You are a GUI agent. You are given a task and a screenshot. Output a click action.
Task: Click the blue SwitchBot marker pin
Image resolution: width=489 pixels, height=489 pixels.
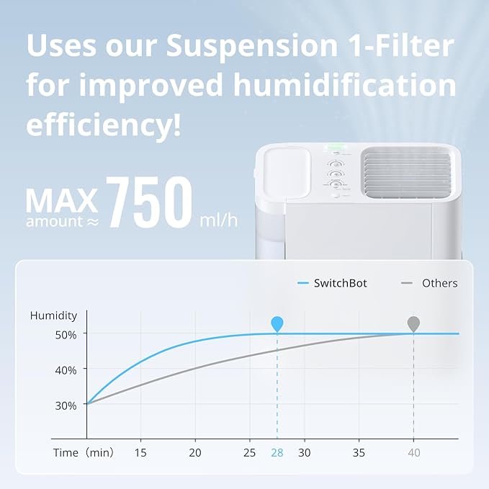(277, 323)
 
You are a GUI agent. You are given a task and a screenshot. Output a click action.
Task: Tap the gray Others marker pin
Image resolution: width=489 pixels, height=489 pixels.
(413, 323)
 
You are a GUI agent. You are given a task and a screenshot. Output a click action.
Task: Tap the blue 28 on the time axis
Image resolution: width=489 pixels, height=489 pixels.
(277, 452)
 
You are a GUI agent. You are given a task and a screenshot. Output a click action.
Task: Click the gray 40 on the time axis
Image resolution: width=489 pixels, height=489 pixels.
(413, 452)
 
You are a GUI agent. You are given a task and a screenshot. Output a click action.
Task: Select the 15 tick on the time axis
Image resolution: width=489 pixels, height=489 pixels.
(140, 452)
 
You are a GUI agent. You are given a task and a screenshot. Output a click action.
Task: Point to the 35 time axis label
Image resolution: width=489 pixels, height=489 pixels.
(359, 452)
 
